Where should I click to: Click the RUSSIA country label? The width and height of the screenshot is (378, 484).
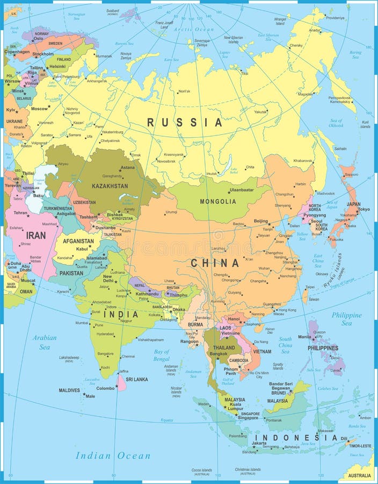(x=184, y=123)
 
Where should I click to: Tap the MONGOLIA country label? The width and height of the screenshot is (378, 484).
(x=217, y=202)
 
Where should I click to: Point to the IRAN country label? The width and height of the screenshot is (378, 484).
(x=36, y=236)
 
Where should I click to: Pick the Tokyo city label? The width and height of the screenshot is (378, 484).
(x=364, y=209)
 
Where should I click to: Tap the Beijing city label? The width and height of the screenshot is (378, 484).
(x=261, y=221)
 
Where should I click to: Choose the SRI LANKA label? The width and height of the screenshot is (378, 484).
(x=136, y=379)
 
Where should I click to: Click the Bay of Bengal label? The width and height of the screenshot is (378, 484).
(x=161, y=355)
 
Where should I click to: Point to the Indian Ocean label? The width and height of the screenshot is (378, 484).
(x=113, y=456)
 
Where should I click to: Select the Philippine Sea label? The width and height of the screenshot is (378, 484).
(x=346, y=319)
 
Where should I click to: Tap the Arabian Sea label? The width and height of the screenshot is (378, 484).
(x=44, y=342)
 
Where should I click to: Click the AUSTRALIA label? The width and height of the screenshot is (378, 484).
(x=358, y=476)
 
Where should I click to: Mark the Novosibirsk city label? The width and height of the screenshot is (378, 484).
(x=166, y=161)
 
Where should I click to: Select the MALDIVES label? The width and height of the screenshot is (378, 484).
(x=69, y=390)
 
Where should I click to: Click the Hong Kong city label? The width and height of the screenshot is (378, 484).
(x=287, y=310)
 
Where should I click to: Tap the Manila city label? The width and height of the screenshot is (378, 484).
(x=304, y=337)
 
